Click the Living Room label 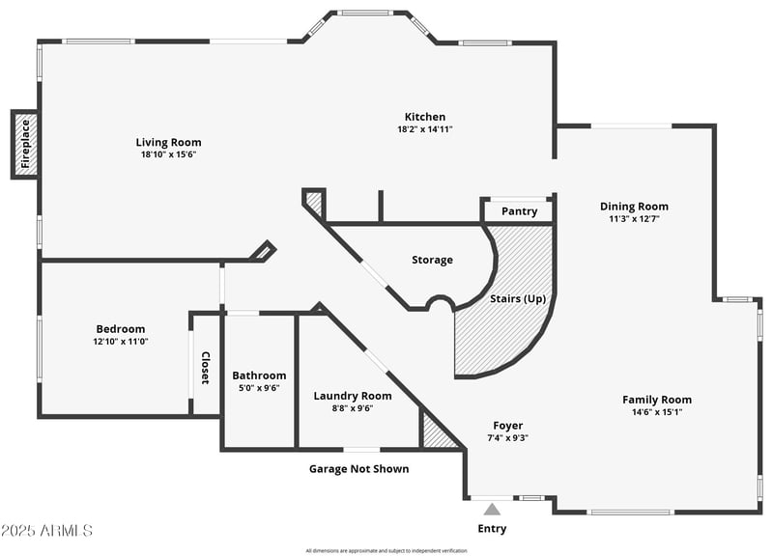(168, 142)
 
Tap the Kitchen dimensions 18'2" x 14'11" (424, 128)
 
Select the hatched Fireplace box (26, 144)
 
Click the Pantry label (519, 211)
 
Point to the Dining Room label (634, 206)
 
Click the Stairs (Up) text (517, 298)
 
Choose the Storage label (432, 260)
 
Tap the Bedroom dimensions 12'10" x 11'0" (120, 341)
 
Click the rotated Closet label (205, 368)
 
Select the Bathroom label (259, 375)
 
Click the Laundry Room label (353, 396)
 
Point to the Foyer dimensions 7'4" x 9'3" (507, 437)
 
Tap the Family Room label (656, 400)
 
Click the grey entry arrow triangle (492, 509)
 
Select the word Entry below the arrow (492, 528)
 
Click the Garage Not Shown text (358, 468)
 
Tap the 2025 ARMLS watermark (46, 530)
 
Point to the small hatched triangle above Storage (314, 203)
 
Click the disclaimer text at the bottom (386, 550)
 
